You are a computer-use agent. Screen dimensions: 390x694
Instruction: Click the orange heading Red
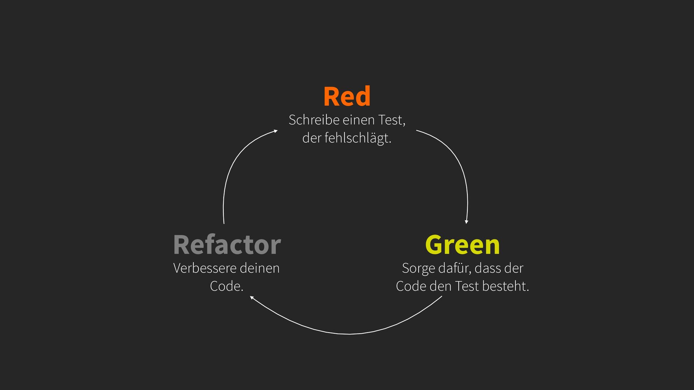click(x=347, y=97)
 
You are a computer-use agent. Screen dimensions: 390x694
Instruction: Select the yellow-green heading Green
click(x=462, y=245)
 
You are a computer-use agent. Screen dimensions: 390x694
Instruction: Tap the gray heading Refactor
click(x=227, y=245)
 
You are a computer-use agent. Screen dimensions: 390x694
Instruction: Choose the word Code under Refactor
click(x=226, y=286)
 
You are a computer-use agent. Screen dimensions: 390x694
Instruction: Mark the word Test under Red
click(x=391, y=120)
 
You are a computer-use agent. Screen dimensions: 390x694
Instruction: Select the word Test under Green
click(x=467, y=286)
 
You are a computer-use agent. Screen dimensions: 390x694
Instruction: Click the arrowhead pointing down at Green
click(x=466, y=222)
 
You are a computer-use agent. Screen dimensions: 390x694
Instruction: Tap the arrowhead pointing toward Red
click(x=275, y=131)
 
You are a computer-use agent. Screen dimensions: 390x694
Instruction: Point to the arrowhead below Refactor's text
click(x=252, y=298)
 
